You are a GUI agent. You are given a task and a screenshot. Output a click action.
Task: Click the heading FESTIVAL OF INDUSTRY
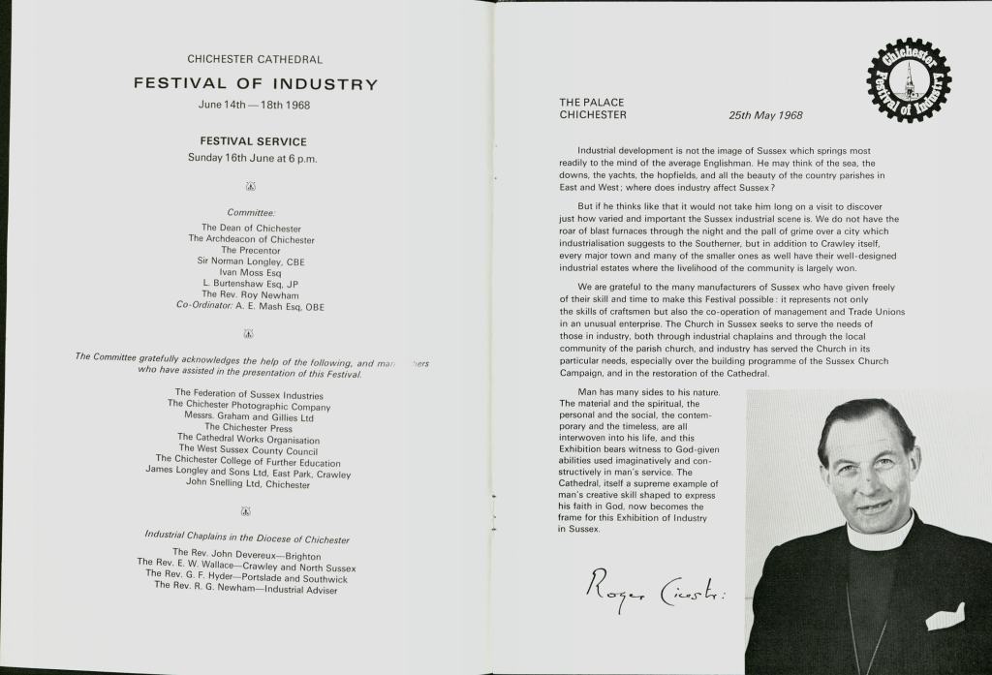coord(255,84)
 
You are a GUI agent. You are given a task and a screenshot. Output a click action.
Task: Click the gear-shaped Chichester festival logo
coord(908,80)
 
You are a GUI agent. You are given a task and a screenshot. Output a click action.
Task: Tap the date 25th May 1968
coord(765,115)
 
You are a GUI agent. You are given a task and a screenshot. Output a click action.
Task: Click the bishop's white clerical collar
coord(878,536)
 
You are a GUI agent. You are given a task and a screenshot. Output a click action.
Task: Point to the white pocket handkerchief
coord(945,617)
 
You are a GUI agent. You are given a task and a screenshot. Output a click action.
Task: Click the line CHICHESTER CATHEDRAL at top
coord(255,60)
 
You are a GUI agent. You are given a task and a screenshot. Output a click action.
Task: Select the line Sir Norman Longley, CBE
coord(252,261)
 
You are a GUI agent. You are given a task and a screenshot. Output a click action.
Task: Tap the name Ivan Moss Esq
coord(250,273)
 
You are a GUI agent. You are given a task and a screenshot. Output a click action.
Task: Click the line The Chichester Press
coord(248,427)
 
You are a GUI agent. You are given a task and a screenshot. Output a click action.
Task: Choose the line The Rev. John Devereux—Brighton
coord(246,554)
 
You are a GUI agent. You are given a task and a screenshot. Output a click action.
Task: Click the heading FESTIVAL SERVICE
coord(253,141)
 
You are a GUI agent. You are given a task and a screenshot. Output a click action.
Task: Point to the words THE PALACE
coord(592,102)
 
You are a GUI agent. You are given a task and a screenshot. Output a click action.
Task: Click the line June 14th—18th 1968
coord(254,105)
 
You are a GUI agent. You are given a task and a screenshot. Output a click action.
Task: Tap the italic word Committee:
coord(252,212)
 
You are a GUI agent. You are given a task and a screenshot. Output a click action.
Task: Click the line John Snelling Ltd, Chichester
coord(247,483)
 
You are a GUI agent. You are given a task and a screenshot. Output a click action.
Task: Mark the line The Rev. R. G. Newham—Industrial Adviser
coord(245,587)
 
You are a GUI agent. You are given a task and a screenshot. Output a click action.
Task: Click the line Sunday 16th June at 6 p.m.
coord(253,159)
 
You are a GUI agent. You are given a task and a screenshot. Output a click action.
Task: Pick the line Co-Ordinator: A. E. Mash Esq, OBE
coord(250,306)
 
